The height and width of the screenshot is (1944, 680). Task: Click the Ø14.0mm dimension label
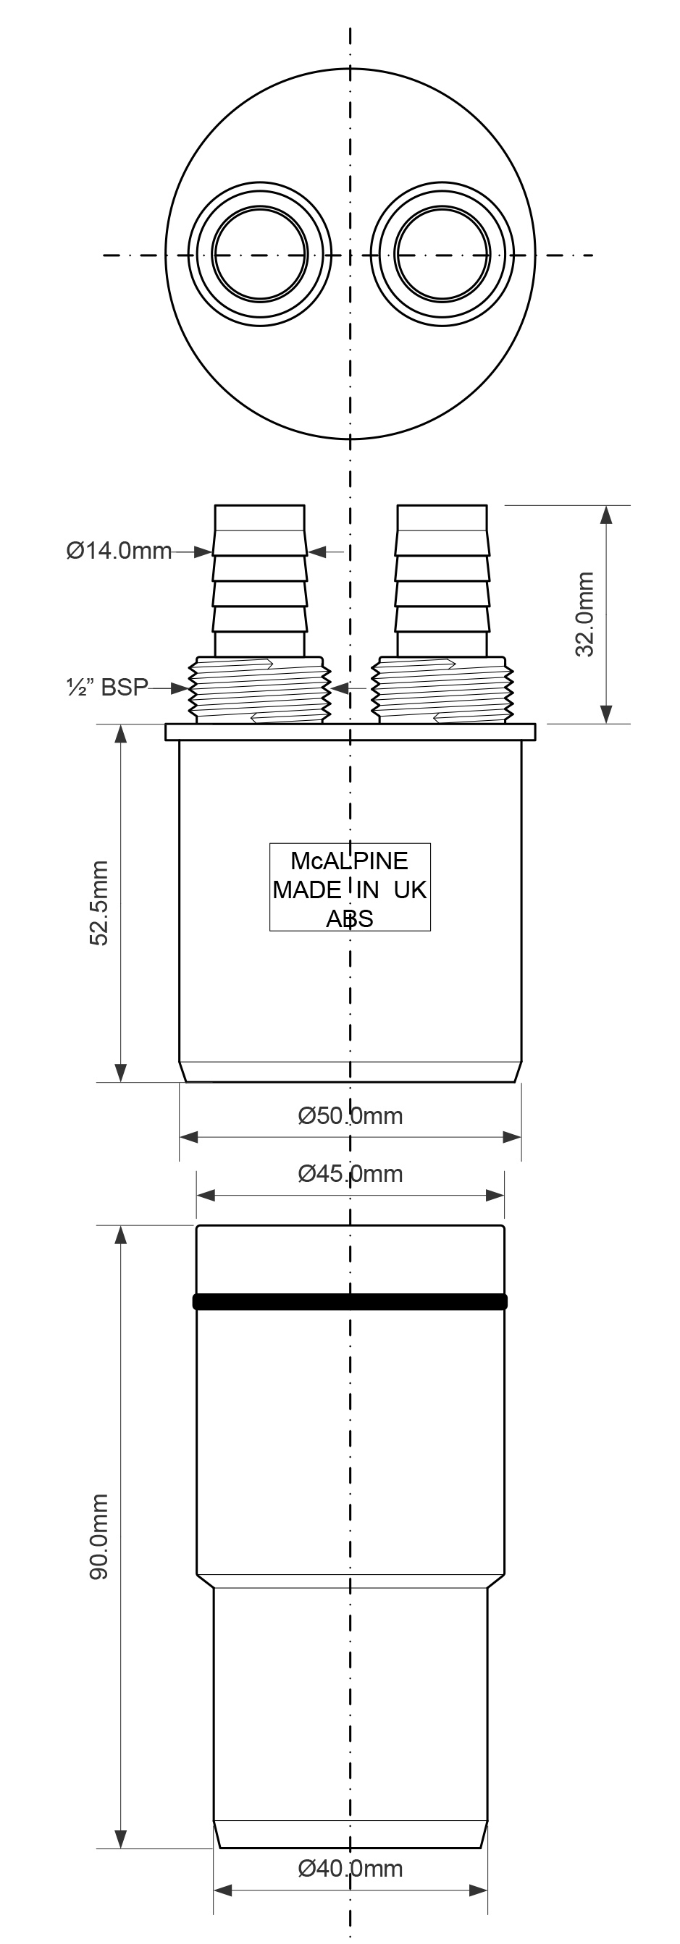[x=119, y=551]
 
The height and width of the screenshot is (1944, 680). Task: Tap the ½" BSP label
[x=106, y=688]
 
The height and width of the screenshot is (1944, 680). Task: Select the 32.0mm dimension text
[x=585, y=614]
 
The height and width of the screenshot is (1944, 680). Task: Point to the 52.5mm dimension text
[x=100, y=903]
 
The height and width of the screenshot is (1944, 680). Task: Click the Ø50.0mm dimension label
[x=351, y=1115]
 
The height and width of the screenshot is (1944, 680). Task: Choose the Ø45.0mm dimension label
[x=351, y=1173]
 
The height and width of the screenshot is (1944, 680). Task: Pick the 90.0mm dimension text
[x=100, y=1537]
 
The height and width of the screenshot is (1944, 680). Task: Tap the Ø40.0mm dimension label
[x=351, y=1869]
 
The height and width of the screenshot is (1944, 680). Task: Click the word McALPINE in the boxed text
[x=350, y=861]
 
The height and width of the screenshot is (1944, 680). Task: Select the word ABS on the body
[x=350, y=919]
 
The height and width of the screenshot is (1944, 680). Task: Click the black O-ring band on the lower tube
[x=351, y=1302]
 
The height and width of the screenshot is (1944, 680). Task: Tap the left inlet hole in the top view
[x=260, y=253]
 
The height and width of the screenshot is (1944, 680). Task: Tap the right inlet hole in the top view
[x=442, y=253]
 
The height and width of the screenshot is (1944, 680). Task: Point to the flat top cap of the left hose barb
[x=260, y=517]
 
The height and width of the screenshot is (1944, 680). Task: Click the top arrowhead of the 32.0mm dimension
[x=606, y=515]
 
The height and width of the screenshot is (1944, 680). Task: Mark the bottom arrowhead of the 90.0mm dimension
[x=120, y=1838]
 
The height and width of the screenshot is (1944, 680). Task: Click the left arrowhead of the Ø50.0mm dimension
[x=189, y=1136]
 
